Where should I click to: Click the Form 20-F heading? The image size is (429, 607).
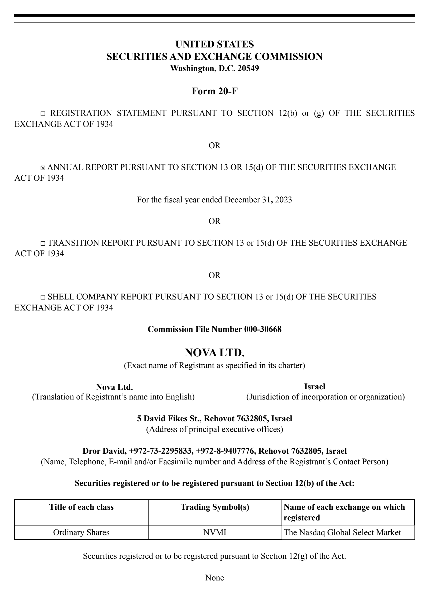[214, 91]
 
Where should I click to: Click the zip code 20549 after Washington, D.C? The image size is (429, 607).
[248, 69]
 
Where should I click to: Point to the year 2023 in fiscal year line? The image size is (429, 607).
[283, 200]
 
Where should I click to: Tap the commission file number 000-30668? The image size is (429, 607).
[263, 329]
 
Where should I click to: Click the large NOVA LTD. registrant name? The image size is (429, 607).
[214, 353]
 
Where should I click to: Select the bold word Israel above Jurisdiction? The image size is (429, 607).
[315, 387]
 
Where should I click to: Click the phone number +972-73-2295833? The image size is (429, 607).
[161, 451]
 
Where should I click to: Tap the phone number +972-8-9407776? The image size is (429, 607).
[225, 451]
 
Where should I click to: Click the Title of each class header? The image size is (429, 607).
[81, 507]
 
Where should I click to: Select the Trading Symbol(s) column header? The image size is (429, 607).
[215, 507]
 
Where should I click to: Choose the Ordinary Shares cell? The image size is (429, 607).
[81, 532]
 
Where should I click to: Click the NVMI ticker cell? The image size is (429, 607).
[215, 532]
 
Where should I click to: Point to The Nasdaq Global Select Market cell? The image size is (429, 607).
[342, 532]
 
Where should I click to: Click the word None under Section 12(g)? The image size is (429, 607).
[214, 578]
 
